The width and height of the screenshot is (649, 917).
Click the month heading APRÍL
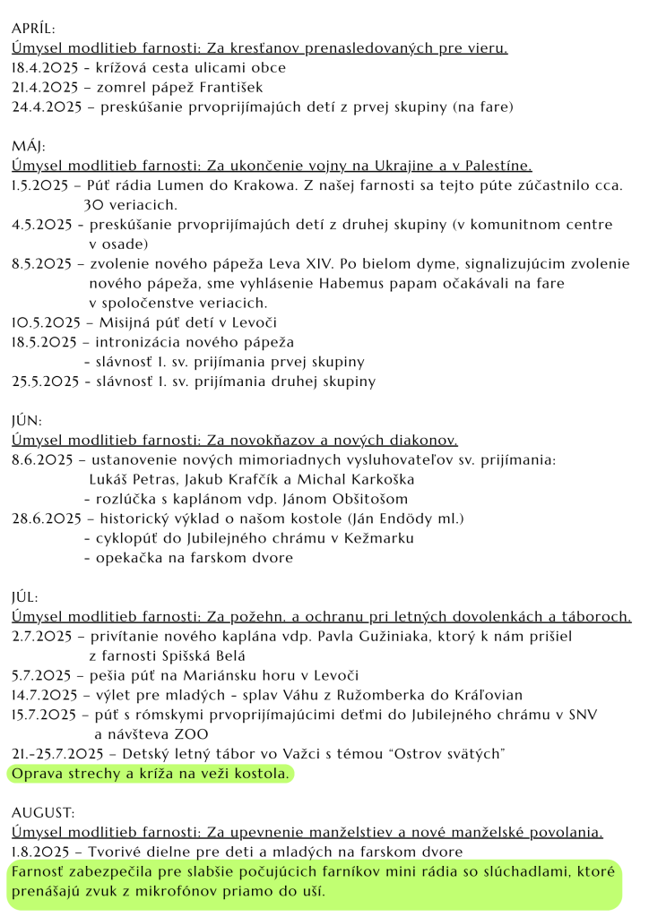click(x=33, y=30)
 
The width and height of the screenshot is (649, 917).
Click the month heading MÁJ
click(x=29, y=146)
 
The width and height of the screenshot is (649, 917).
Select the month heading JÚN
click(x=27, y=420)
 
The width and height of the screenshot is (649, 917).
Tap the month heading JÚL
click(x=26, y=596)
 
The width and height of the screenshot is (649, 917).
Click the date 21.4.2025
click(x=42, y=87)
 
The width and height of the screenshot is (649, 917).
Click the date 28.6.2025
click(x=45, y=518)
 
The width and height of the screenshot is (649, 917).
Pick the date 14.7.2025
click(x=46, y=695)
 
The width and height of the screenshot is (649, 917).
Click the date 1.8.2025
click(x=40, y=852)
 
